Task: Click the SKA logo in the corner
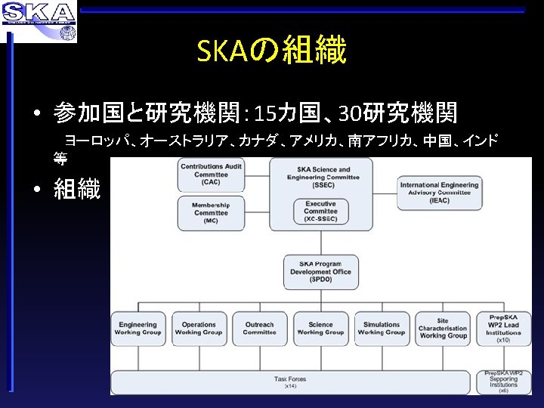39,20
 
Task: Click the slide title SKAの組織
271,51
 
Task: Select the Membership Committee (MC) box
211,213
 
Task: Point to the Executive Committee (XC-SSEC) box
320,212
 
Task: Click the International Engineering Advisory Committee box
439,193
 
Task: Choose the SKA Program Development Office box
320,271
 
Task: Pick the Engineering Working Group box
138,329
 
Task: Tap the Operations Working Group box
199,329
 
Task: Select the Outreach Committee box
259,329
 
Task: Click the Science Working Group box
320,329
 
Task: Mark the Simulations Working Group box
382,329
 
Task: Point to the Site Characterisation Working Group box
443,329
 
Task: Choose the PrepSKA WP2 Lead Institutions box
503,329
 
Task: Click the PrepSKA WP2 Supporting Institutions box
503,382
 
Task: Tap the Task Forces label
291,380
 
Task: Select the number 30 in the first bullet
350,114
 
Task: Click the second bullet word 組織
77,190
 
